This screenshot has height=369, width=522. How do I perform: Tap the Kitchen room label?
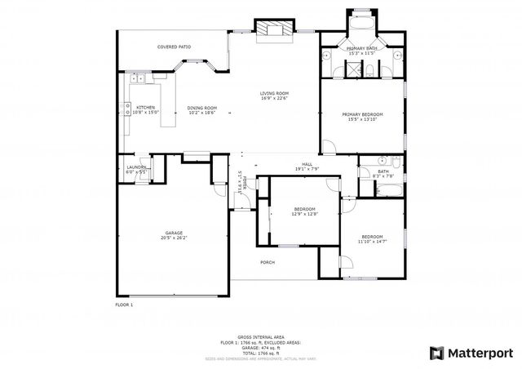[146, 108]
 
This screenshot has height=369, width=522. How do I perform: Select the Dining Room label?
[202, 108]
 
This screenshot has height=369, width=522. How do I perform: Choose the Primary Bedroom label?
[362, 114]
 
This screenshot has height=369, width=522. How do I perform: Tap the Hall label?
[307, 165]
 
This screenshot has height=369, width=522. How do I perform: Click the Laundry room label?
[136, 167]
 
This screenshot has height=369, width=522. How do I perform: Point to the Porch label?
[267, 262]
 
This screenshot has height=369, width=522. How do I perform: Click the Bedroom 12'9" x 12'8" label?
[305, 210]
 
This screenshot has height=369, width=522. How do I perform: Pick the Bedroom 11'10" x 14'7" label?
[372, 237]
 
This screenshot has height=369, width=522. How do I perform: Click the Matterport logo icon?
[436, 353]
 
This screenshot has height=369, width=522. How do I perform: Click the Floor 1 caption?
[124, 305]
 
